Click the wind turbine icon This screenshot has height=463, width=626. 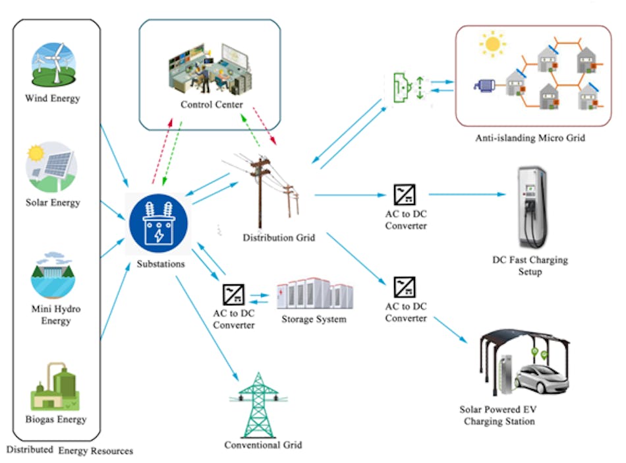[55, 65]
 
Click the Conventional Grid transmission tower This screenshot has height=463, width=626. [259, 406]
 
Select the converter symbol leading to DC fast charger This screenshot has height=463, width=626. [405, 195]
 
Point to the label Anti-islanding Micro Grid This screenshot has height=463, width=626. [530, 139]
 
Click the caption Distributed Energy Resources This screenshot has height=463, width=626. [69, 450]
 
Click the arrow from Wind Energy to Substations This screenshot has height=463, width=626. [113, 150]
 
